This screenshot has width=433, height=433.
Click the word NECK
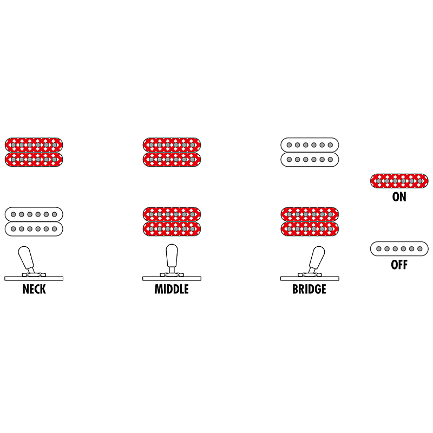(34, 289)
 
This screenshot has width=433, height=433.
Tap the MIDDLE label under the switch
(172, 289)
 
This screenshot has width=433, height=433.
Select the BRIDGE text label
(309, 289)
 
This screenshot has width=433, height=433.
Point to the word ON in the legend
(399, 197)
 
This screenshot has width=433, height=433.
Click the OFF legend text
(399, 265)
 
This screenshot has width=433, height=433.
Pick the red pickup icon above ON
(399, 181)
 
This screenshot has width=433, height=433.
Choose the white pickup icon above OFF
(399, 249)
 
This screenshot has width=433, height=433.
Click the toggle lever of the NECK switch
(26, 259)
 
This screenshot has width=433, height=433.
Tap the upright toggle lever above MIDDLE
(172, 258)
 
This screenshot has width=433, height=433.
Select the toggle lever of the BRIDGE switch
(317, 259)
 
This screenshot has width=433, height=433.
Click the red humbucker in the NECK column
(34, 152)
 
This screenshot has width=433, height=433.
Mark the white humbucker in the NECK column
(34, 221)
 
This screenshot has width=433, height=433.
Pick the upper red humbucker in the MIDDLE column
(172, 152)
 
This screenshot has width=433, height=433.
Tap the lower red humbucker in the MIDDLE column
(172, 221)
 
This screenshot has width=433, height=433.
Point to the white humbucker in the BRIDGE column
(310, 152)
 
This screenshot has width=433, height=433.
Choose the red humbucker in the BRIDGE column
(310, 221)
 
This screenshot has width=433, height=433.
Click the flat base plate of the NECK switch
(34, 279)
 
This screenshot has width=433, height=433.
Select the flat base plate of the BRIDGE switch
(310, 279)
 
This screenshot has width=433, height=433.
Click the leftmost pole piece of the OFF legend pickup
(379, 249)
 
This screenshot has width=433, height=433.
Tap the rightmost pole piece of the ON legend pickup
(420, 181)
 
